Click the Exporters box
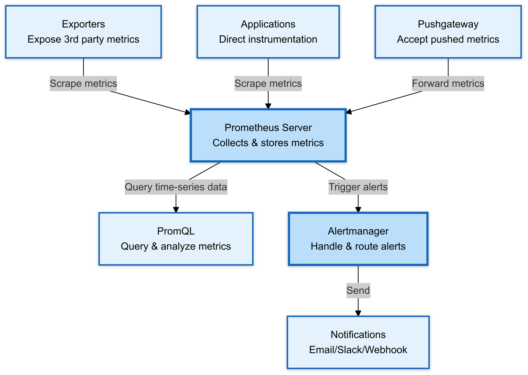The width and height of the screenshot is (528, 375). point(83,32)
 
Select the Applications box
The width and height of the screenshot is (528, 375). point(268,32)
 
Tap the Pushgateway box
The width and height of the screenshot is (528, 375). point(448,32)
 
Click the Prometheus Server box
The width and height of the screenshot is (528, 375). point(268,135)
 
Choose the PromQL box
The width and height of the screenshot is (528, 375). point(176,239)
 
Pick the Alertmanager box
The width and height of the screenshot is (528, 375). point(358,239)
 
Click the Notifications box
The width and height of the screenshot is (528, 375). point(358,342)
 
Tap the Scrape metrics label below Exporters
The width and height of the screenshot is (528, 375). point(83,84)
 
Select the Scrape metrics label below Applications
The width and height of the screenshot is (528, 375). point(268,84)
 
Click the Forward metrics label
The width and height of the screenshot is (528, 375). point(448,84)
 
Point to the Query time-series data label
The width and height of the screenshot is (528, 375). point(176,187)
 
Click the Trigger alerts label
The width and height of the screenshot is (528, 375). point(358,187)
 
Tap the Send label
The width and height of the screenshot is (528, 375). point(358,291)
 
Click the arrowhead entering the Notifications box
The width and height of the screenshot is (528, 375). point(358,313)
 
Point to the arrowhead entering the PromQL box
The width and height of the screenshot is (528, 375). point(176,210)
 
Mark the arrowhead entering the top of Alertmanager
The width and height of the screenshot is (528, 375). point(358,210)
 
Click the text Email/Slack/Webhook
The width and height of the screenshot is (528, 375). point(358,350)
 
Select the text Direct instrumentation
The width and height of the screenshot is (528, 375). point(268,39)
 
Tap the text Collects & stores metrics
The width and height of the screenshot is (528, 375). point(268,143)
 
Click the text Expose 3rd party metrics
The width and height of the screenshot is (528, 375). point(83,39)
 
